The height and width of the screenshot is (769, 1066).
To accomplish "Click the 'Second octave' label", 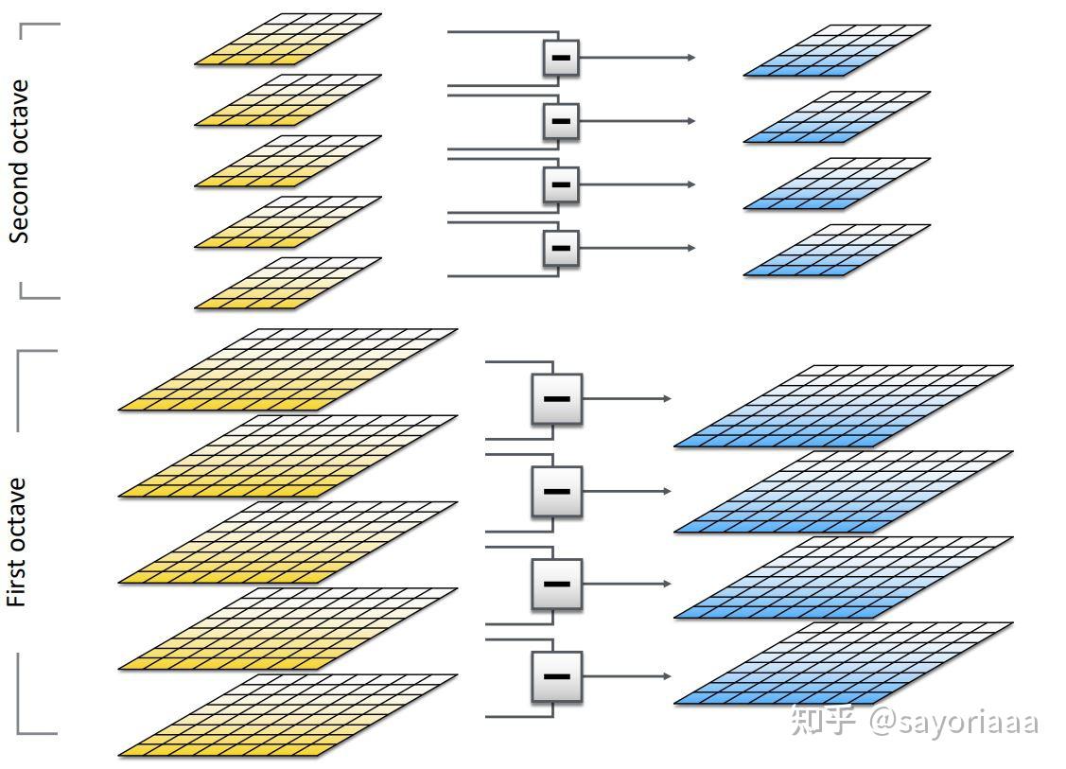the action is [x=19, y=162].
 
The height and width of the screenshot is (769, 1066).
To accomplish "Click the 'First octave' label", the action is [x=16, y=543].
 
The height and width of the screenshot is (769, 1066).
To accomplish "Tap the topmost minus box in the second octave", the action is [x=561, y=58].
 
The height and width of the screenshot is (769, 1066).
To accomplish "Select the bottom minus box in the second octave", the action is [x=561, y=248].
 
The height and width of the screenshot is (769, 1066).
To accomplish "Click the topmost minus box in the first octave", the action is [x=557, y=399].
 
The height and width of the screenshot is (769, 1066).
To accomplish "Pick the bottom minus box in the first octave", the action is [x=557, y=676].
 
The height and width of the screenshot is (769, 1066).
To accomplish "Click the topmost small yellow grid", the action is [x=288, y=40].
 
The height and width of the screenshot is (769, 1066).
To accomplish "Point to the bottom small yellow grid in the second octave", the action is [x=288, y=283].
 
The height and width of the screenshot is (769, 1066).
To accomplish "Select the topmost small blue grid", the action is [x=837, y=50].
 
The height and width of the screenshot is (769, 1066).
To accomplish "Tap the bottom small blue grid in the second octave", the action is [x=837, y=251].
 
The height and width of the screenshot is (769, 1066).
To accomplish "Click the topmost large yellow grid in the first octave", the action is [x=288, y=370].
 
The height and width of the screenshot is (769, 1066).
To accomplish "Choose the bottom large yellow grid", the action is [x=288, y=715].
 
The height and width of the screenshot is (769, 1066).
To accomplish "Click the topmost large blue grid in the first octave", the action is [x=844, y=407].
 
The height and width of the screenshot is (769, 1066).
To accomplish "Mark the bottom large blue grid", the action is [x=844, y=664].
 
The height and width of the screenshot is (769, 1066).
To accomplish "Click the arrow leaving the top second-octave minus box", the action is [x=637, y=58].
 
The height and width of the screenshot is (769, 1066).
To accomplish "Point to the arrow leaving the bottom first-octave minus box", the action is [x=627, y=676].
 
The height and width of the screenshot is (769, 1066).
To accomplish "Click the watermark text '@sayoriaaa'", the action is [x=953, y=722].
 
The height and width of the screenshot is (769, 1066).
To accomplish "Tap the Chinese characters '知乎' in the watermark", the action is [x=823, y=721].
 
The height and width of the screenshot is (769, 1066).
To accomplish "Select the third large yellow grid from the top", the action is [x=288, y=543].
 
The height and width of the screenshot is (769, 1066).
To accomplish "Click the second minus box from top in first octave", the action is [x=557, y=492].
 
